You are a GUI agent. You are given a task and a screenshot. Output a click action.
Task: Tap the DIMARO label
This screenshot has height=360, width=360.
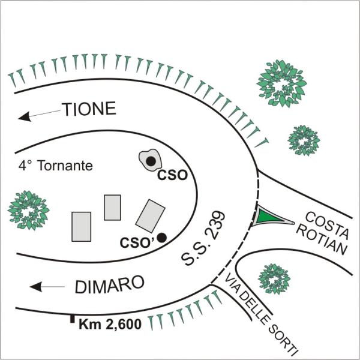click(x=109, y=285)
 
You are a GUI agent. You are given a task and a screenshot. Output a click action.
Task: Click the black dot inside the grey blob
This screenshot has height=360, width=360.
click(x=151, y=161)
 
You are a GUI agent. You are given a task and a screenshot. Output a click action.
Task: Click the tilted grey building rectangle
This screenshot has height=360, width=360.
click(x=150, y=215)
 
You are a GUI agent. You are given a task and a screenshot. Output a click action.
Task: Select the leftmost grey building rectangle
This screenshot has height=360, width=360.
click(x=81, y=227)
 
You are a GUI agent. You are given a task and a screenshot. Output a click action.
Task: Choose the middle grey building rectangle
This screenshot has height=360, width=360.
click(x=112, y=207)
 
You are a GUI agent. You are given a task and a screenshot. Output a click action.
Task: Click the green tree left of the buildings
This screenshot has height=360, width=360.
click(x=28, y=209)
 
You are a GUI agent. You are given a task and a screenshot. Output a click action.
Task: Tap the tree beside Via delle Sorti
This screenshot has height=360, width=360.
click(x=274, y=279)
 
